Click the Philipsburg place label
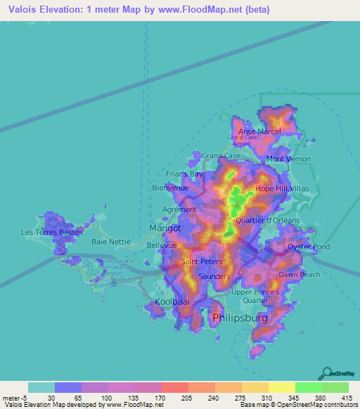(239, 319)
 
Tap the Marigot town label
(165, 228)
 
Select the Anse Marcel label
(259, 131)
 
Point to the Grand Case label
(221, 155)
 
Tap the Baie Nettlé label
(112, 241)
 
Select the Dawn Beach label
(299, 274)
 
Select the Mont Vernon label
(288, 160)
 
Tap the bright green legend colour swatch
(309, 387)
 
